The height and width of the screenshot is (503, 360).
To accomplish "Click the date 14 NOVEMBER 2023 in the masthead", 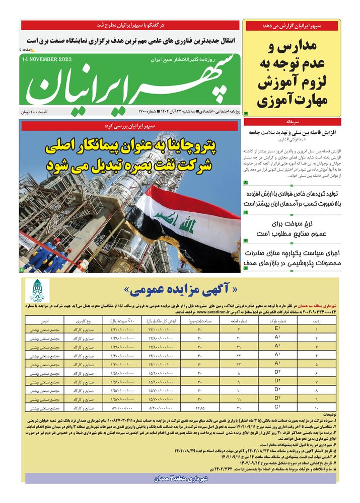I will pyautogui.click(x=47, y=59).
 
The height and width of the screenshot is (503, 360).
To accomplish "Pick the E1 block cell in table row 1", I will pyautogui.click(x=277, y=329).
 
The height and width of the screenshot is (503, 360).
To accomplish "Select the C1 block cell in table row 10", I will pyautogui.click(x=277, y=406).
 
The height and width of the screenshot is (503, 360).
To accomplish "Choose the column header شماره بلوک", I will pyautogui.click(x=277, y=320).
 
